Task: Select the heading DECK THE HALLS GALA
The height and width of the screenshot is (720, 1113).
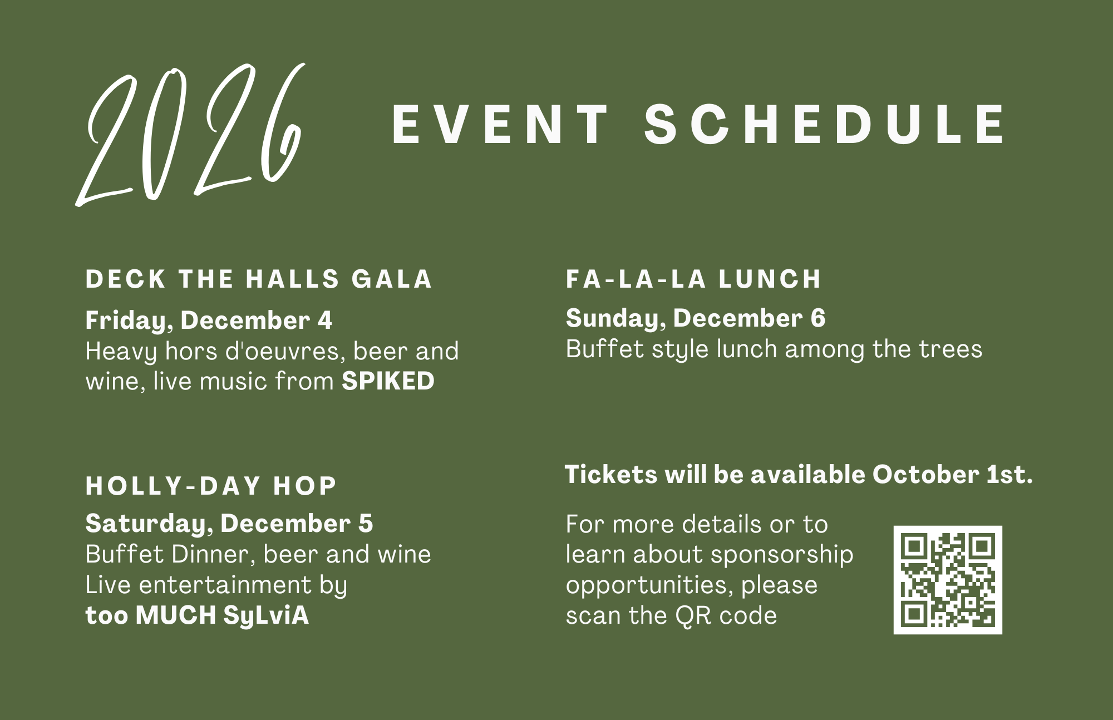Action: (259, 279)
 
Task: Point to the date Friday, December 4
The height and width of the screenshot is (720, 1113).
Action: (209, 320)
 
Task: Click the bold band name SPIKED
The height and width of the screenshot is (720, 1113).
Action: (388, 381)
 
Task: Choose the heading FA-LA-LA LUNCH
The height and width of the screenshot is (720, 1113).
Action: (693, 279)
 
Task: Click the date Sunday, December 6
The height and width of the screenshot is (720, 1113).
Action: (696, 318)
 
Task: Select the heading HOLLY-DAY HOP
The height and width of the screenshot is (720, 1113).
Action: (211, 486)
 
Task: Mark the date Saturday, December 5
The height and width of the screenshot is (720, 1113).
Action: (229, 524)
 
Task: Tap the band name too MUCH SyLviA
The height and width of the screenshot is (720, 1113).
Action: (197, 615)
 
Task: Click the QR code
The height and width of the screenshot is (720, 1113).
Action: (948, 580)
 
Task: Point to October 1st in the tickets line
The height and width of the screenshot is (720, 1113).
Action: (952, 475)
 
